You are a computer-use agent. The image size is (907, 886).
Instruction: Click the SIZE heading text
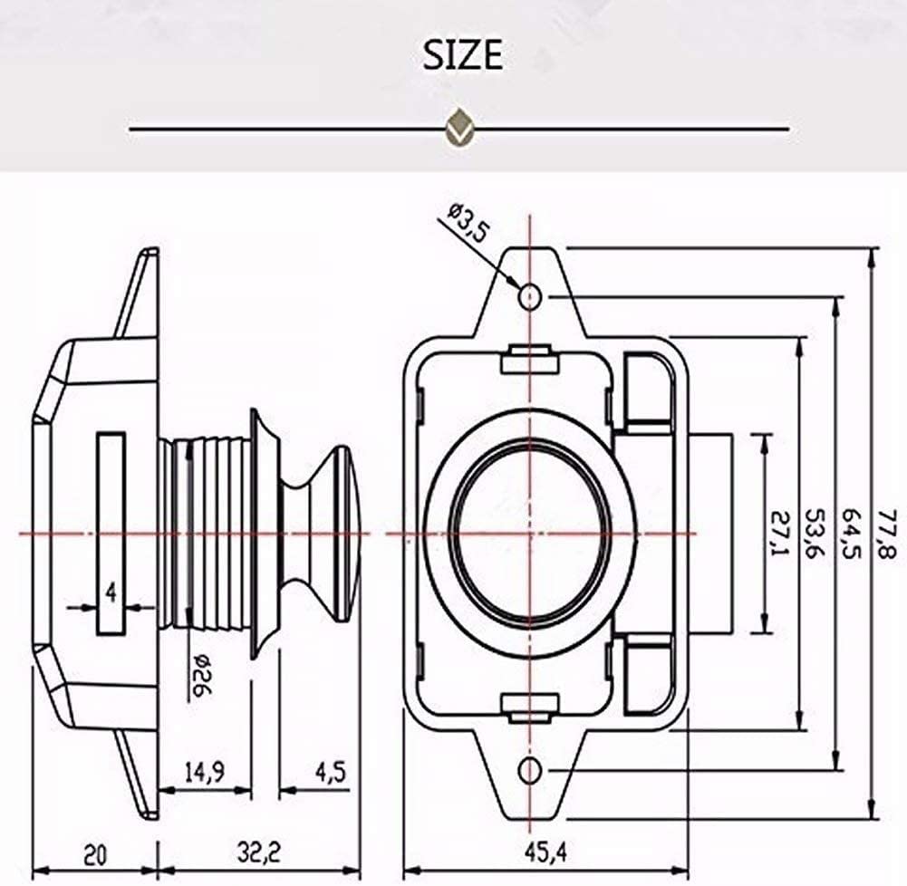click(462, 55)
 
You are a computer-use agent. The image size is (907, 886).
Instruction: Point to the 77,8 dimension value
click(885, 534)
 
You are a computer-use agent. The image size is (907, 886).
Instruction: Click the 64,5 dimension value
click(851, 534)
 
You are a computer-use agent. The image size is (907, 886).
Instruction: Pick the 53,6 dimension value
click(815, 534)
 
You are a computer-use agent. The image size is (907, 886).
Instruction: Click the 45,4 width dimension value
click(545, 852)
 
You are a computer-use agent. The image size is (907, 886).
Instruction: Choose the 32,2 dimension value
click(258, 852)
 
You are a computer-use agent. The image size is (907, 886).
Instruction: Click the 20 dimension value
click(95, 855)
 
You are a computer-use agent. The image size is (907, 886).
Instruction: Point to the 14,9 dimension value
click(204, 772)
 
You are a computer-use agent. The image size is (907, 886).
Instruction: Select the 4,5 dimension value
click(331, 772)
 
